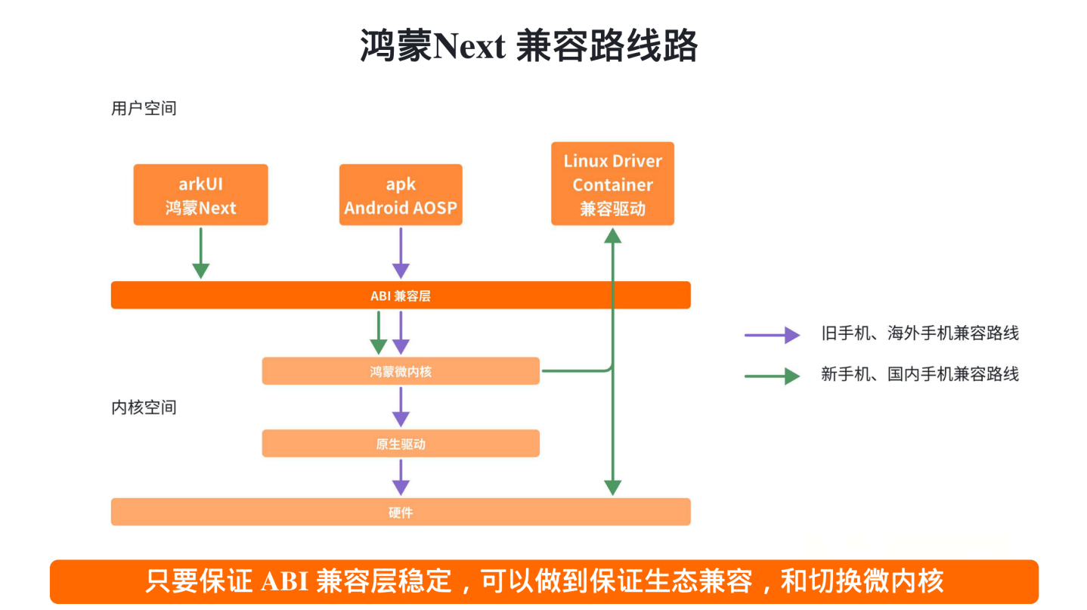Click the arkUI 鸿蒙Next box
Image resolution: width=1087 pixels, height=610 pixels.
pyautogui.click(x=200, y=195)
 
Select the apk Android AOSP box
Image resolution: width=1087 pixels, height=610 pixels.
pyautogui.click(x=401, y=195)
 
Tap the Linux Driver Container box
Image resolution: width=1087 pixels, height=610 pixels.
pyautogui.click(x=612, y=184)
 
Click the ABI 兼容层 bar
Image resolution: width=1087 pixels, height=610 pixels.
pyautogui.click(x=401, y=296)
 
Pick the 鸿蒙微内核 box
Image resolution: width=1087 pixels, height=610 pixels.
pyautogui.click(x=401, y=371)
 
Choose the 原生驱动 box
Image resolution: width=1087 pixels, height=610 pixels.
pyautogui.click(x=401, y=444)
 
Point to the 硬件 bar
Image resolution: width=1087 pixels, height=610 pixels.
pyautogui.click(x=401, y=512)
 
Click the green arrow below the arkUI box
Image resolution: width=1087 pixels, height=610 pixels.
pyautogui.click(x=200, y=253)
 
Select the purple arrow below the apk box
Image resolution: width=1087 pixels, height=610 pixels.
pyautogui.click(x=401, y=253)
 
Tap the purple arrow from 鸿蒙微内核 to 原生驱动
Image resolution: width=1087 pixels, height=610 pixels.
pyautogui.click(x=401, y=407)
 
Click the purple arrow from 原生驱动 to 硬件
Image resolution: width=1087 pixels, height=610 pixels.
pyautogui.click(x=401, y=477)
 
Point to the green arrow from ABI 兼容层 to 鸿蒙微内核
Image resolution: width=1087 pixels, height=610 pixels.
pyautogui.click(x=379, y=333)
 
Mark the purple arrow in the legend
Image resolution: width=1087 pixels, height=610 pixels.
pyautogui.click(x=772, y=334)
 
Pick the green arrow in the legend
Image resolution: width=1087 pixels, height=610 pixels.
pyautogui.click(x=772, y=375)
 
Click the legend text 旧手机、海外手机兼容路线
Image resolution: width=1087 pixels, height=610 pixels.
pyautogui.click(x=919, y=333)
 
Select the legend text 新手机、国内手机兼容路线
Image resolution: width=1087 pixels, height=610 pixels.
pyautogui.click(x=919, y=374)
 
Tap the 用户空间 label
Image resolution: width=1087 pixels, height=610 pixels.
pyautogui.click(x=144, y=108)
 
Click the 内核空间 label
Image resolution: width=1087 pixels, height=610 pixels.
pyautogui.click(x=144, y=407)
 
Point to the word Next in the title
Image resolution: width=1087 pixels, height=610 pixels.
pyautogui.click(x=469, y=47)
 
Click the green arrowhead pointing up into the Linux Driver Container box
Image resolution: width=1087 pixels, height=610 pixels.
pyautogui.click(x=612, y=235)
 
